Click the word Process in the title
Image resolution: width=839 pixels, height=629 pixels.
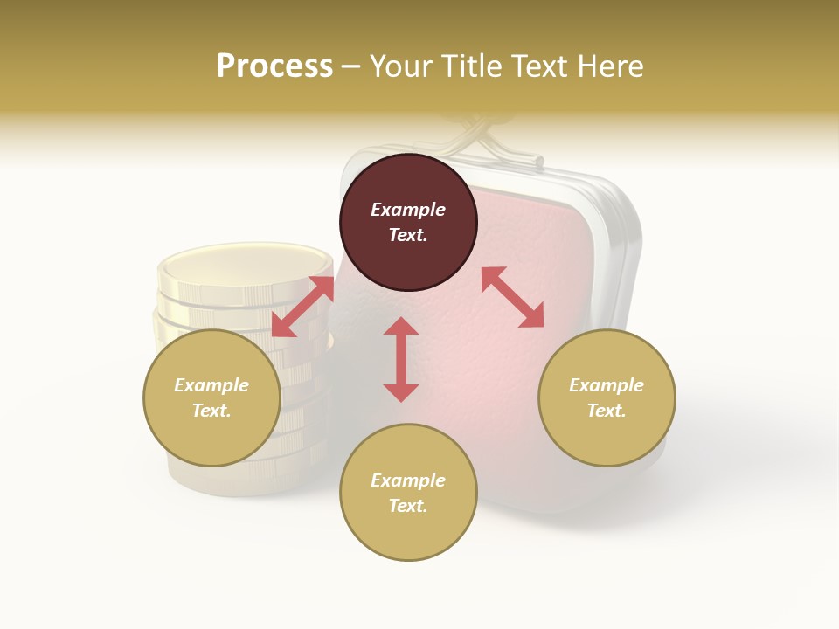pyautogui.click(x=274, y=66)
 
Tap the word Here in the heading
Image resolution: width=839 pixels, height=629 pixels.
pyautogui.click(x=610, y=66)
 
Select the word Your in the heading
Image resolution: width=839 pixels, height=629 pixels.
pyautogui.click(x=401, y=66)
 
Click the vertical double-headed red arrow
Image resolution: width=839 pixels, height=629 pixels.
pyautogui.click(x=401, y=359)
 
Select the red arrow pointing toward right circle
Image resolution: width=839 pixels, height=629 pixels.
pyautogui.click(x=513, y=297)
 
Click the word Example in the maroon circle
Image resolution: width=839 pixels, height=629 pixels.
pyautogui.click(x=408, y=210)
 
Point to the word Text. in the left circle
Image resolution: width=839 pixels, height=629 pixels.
pyautogui.click(x=211, y=411)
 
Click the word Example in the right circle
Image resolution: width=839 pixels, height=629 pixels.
pyautogui.click(x=607, y=385)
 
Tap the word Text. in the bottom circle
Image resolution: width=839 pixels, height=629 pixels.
pyautogui.click(x=408, y=506)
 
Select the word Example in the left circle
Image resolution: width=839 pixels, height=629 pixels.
pyautogui.click(x=211, y=385)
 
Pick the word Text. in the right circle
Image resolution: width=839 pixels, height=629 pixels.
pyautogui.click(x=607, y=411)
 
